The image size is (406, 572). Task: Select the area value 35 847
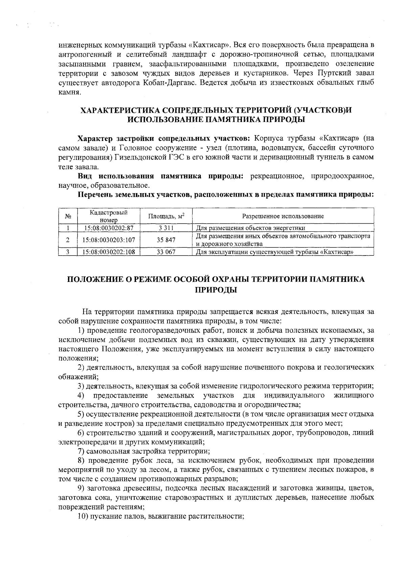[x=166, y=240]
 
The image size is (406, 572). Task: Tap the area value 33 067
[x=166, y=252]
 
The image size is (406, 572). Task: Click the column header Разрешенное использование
[x=283, y=216]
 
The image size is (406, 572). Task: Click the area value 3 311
[x=166, y=228]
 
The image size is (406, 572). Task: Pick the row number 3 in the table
[x=68, y=252]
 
